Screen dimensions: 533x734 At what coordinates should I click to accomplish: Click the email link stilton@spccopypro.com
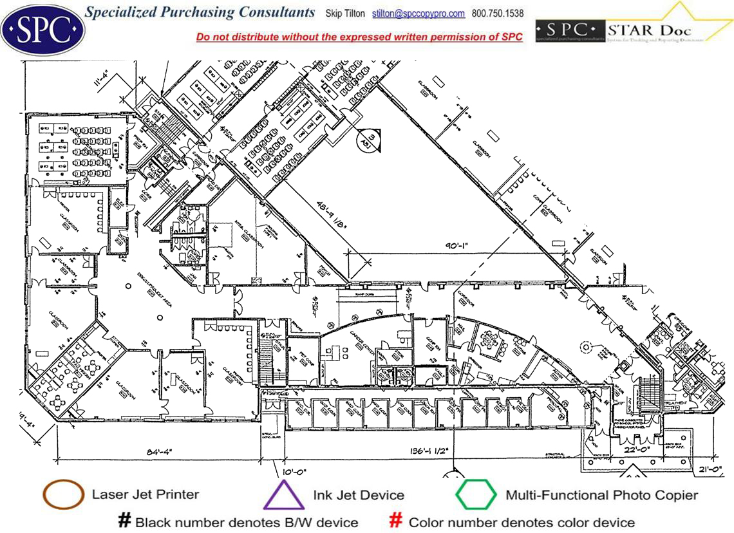[x=428, y=14]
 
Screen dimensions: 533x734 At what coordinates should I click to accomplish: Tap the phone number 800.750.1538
[x=498, y=14]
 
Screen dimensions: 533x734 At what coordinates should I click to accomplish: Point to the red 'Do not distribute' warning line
[x=359, y=37]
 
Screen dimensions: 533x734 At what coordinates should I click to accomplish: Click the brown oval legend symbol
[x=63, y=495]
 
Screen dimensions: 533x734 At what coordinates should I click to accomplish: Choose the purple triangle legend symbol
[x=284, y=496]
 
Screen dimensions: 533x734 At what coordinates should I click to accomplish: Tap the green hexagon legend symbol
[x=476, y=495]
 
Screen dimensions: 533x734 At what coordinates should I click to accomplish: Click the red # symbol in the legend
[x=397, y=521]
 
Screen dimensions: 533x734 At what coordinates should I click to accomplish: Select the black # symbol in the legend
[x=124, y=521]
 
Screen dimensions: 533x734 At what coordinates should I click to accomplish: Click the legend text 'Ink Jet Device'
[x=359, y=495]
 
